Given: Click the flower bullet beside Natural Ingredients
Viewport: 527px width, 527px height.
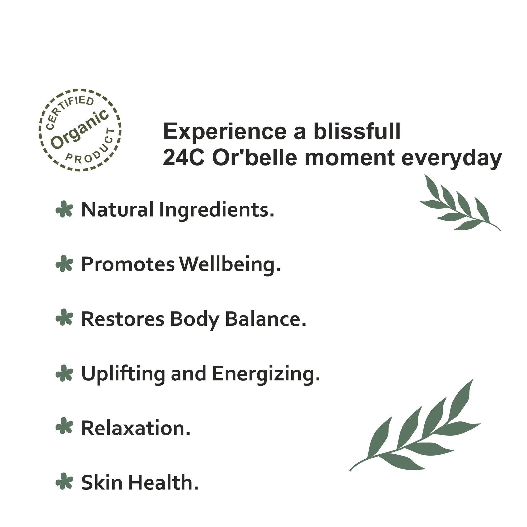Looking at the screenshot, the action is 64,209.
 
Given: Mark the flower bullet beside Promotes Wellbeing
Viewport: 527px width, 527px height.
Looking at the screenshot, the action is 64,264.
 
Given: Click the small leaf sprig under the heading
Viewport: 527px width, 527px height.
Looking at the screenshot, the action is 460,203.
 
